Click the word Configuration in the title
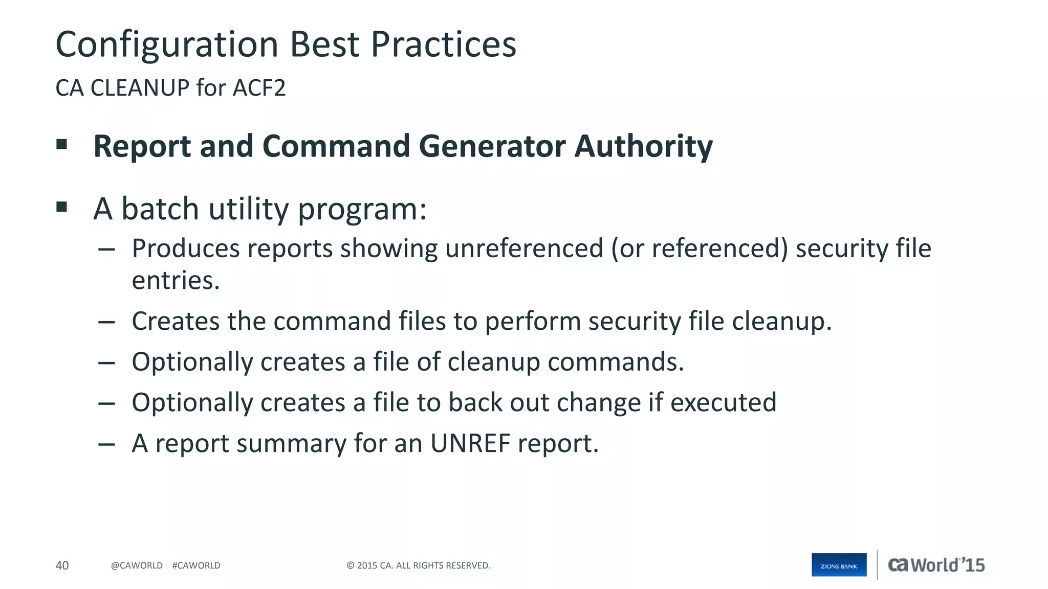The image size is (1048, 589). pyautogui.click(x=167, y=45)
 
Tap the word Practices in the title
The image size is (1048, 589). pyautogui.click(x=443, y=44)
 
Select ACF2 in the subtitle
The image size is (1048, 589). pyautogui.click(x=259, y=88)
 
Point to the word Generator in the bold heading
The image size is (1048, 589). pyautogui.click(x=492, y=146)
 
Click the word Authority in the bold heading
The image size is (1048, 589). pyautogui.click(x=643, y=147)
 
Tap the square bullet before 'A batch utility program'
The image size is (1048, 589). pyautogui.click(x=62, y=207)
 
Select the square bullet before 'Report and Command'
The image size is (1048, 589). pyautogui.click(x=62, y=144)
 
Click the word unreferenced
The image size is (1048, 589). pyautogui.click(x=524, y=248)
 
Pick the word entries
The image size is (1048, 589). pyautogui.click(x=176, y=280)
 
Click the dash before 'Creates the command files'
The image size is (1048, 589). pyautogui.click(x=106, y=322)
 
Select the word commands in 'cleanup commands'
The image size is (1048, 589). pyautogui.click(x=616, y=362)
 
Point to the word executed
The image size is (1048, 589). pyautogui.click(x=723, y=402)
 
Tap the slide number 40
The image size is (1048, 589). pyautogui.click(x=62, y=565)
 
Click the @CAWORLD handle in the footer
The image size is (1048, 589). pyautogui.click(x=137, y=565)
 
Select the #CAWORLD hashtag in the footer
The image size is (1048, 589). pyautogui.click(x=196, y=565)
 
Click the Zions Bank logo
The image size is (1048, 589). pyautogui.click(x=839, y=565)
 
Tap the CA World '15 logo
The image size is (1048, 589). pyautogui.click(x=936, y=565)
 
